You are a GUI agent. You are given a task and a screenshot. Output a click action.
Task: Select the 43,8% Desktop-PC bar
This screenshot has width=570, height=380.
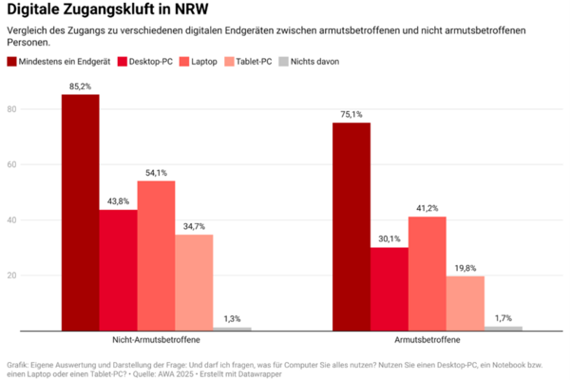click(x=118, y=270)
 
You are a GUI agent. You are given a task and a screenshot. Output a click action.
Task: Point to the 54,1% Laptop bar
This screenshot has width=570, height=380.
click(x=156, y=256)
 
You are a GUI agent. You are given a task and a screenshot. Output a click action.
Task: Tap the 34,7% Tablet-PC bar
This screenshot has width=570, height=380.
click(x=194, y=282)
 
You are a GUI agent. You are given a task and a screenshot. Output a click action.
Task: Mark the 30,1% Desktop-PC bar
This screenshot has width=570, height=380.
click(x=389, y=289)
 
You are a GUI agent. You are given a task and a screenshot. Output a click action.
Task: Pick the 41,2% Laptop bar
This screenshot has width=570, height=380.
click(x=427, y=274)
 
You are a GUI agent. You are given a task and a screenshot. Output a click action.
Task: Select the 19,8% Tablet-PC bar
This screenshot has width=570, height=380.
click(x=465, y=303)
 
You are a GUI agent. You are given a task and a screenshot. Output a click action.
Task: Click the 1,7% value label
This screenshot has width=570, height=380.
click(x=503, y=318)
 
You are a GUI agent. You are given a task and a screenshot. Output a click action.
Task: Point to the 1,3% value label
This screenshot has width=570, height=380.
click(x=232, y=319)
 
